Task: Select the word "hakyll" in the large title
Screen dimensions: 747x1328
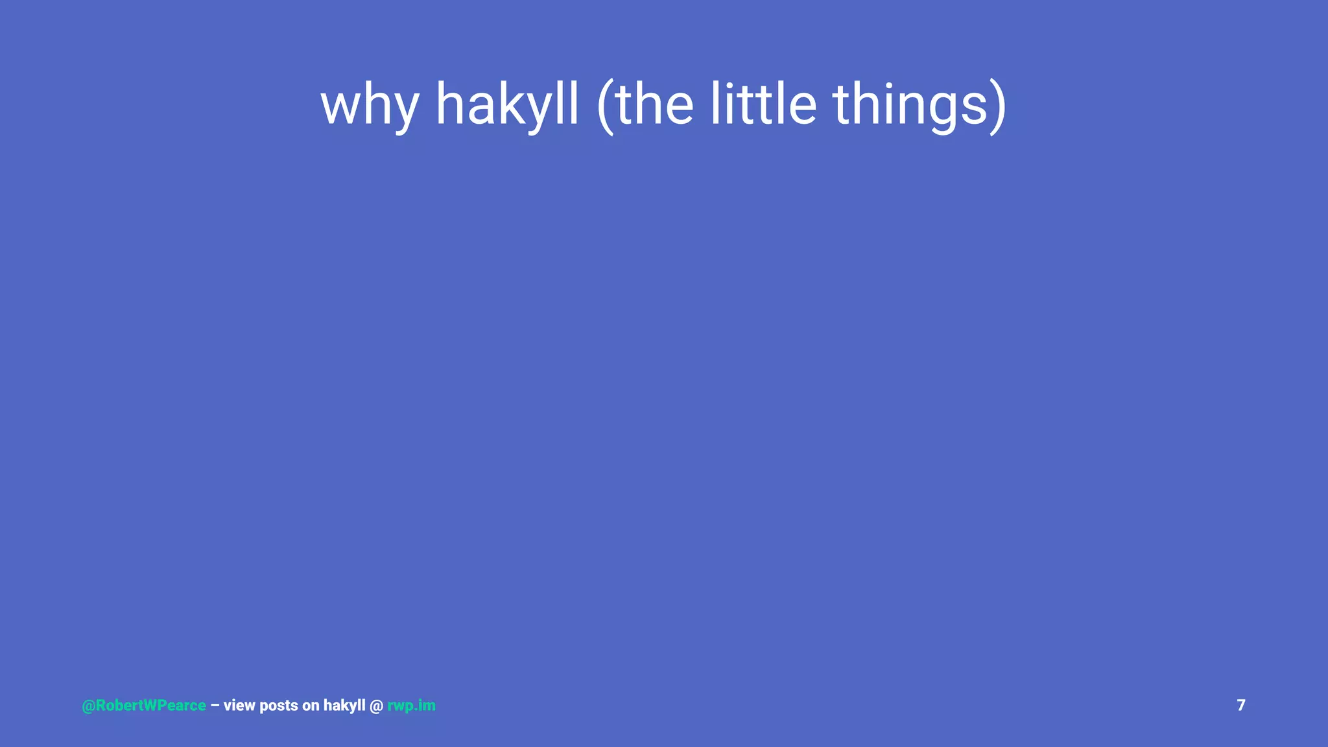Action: [x=507, y=105]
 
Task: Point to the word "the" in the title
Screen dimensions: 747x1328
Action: [x=655, y=105]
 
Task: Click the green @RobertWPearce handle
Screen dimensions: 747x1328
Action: [x=144, y=705]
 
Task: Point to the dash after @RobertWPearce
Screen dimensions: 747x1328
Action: [x=215, y=705]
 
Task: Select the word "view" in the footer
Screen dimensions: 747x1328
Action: [x=239, y=705]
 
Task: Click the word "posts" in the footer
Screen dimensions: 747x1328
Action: [x=279, y=705]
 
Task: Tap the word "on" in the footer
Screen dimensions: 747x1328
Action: [x=311, y=705]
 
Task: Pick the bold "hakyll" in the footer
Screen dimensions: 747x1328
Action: [x=344, y=705]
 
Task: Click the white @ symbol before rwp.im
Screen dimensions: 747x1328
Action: [x=376, y=705]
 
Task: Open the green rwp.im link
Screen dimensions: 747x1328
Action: [x=411, y=705]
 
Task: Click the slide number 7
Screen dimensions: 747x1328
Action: [x=1241, y=705]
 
